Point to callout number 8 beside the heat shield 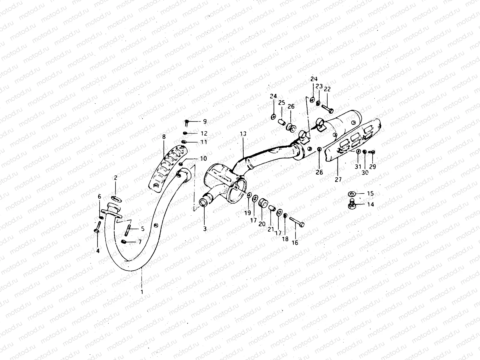(164, 137)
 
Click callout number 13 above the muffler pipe (243, 134)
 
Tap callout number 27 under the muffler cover (338, 179)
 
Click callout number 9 (205, 121)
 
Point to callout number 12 (204, 133)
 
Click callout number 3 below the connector (205, 229)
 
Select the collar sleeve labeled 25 (282, 121)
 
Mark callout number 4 (97, 250)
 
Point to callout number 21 (271, 229)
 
